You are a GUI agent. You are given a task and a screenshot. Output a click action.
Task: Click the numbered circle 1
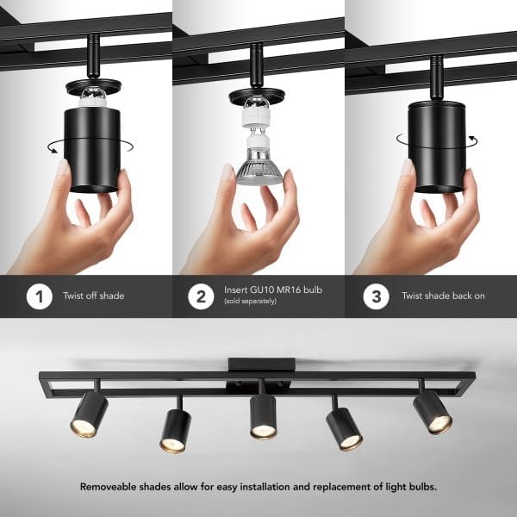pos(40,296)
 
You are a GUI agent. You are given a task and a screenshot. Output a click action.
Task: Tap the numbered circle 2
pos(201,296)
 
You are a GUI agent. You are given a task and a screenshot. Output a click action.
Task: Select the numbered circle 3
pos(377,296)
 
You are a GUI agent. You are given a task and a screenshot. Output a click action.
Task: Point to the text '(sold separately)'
pos(250,301)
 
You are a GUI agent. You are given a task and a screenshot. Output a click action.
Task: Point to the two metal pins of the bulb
pos(258,132)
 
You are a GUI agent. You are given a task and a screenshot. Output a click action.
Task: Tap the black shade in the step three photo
pos(437,147)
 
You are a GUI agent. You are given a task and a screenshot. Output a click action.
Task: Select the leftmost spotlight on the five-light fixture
pos(89,414)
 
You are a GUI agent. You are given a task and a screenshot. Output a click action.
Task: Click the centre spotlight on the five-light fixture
pos(263,417)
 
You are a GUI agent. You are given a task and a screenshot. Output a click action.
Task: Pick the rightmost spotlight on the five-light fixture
pos(433,412)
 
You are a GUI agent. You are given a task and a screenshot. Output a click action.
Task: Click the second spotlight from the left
pos(176,431)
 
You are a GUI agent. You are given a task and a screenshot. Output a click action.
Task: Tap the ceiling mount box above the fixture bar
pos(261,364)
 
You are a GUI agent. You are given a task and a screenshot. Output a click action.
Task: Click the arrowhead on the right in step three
pos(473,138)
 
